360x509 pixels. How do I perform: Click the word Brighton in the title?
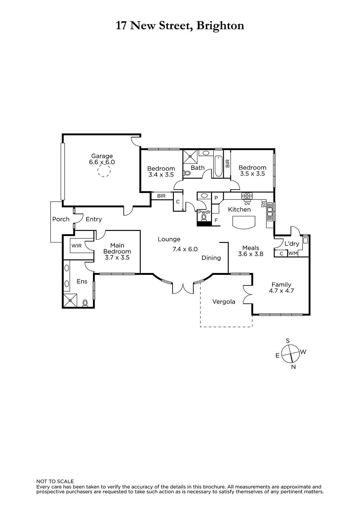(x=220, y=26)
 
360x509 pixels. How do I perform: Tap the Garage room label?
(x=102, y=156)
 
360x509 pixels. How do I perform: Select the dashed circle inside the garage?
(x=104, y=171)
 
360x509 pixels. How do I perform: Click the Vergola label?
(x=223, y=302)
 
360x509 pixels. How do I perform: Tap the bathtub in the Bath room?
(x=218, y=166)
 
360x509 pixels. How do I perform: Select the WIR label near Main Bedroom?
(x=76, y=246)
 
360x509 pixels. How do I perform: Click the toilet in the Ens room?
(x=85, y=303)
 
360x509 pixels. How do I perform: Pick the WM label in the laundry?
(x=293, y=253)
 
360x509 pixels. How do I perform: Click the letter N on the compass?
(x=293, y=367)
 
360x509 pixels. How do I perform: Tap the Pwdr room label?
(x=204, y=212)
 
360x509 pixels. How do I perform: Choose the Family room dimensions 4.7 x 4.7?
(x=281, y=291)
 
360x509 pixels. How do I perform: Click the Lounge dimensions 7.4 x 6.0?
(x=185, y=249)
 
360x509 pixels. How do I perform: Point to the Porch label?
(x=61, y=219)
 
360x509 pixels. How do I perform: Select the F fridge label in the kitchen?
(x=216, y=220)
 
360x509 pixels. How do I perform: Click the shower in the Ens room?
(x=70, y=301)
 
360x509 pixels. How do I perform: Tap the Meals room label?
(x=251, y=248)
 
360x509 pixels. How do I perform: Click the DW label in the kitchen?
(x=263, y=204)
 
